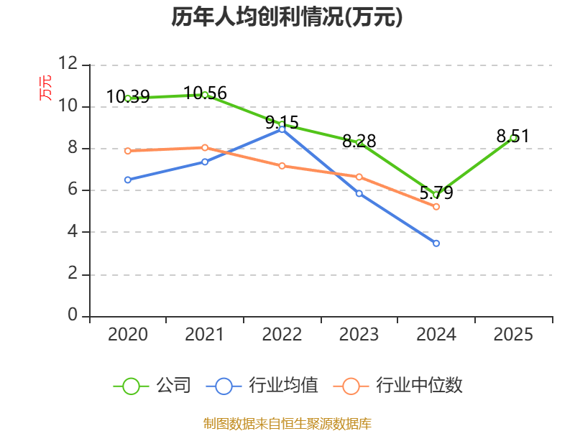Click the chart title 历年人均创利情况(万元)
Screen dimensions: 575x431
(287, 17)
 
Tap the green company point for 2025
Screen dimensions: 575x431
(513, 138)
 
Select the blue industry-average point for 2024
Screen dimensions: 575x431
(436, 244)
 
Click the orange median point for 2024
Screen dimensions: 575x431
(436, 207)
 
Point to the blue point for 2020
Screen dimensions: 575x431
(128, 180)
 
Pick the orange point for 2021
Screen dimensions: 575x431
(205, 148)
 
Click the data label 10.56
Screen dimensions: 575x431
(205, 93)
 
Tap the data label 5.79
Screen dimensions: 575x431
(436, 193)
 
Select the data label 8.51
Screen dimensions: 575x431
(513, 136)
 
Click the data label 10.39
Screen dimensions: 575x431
(128, 97)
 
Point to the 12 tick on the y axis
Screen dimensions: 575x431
(68, 63)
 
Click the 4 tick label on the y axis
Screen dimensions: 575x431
(73, 231)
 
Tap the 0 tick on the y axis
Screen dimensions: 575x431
(73, 315)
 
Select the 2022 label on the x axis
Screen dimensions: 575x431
(282, 335)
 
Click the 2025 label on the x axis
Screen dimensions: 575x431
(513, 335)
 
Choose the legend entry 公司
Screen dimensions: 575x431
(152, 386)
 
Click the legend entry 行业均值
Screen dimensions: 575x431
(262, 386)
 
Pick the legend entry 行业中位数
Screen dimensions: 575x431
(398, 386)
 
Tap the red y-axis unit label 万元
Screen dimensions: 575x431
(45, 88)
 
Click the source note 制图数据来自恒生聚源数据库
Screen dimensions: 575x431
(287, 424)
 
